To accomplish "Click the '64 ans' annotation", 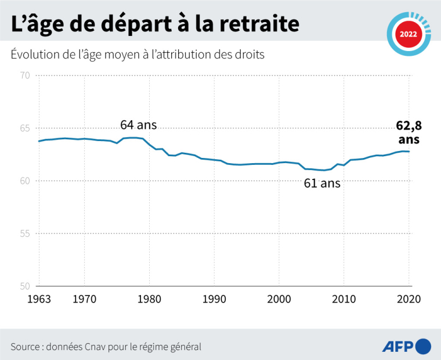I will (x=138, y=125).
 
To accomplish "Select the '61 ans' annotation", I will (x=322, y=185).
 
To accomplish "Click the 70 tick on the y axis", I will (x=24, y=75).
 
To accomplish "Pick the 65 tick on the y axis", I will (x=24, y=128).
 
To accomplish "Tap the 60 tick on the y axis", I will (x=24, y=181).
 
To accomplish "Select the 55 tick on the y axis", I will (x=24, y=233).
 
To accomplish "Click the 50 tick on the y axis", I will (x=24, y=286).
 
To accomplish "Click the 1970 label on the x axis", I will (x=84, y=299).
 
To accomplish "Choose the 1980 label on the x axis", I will (x=149, y=299).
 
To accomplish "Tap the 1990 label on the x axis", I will (x=214, y=299).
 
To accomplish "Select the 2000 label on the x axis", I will (x=279, y=299).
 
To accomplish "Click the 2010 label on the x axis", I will (x=344, y=299).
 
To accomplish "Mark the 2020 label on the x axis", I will (x=409, y=299).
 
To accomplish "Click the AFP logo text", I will (x=398, y=347).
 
